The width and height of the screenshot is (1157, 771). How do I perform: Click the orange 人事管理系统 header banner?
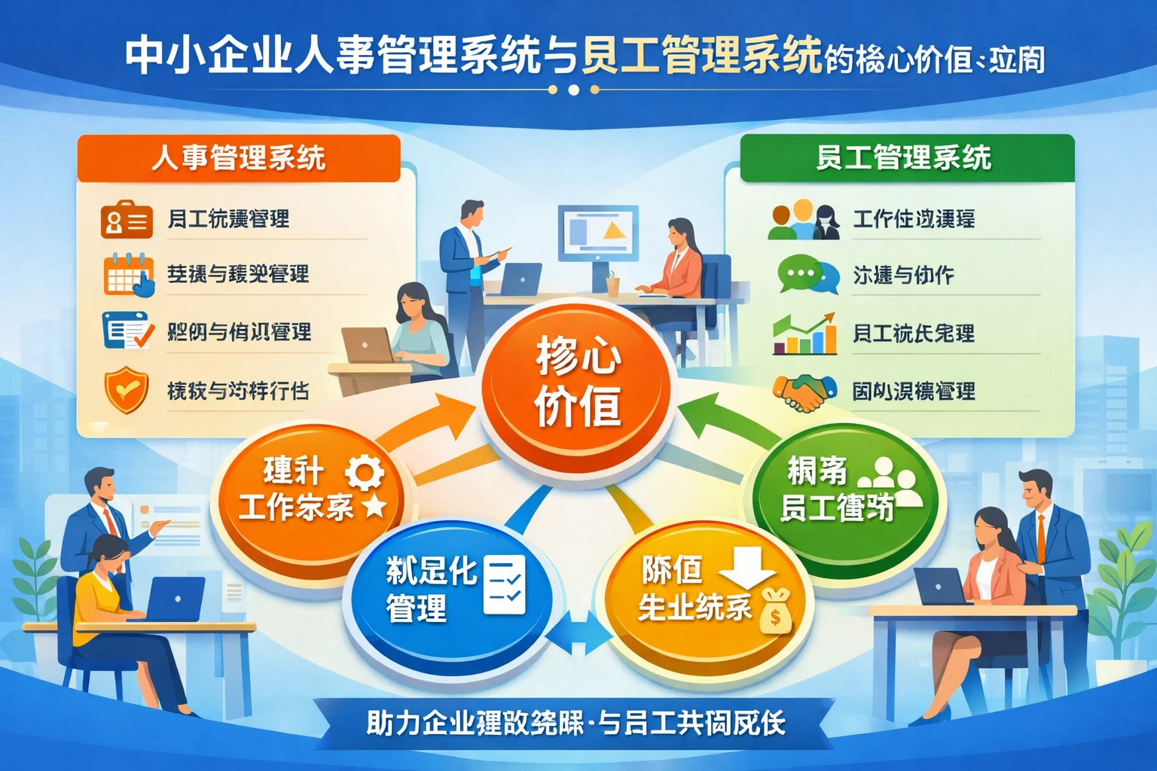[238, 158]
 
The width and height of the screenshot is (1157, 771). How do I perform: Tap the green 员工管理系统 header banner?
[906, 158]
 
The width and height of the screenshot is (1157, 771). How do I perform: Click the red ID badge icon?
[126, 219]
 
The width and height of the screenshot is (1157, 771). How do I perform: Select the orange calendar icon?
[128, 274]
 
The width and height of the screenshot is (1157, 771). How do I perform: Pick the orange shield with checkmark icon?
[126, 389]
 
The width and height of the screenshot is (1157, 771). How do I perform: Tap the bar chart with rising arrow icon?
[804, 334]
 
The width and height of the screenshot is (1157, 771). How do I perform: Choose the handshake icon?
[804, 392]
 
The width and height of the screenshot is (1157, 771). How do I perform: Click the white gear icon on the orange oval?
[365, 472]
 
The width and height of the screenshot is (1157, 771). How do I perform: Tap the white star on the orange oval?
[374, 505]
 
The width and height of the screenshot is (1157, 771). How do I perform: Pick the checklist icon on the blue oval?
[504, 584]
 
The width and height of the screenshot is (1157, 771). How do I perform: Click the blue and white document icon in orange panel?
[126, 331]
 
